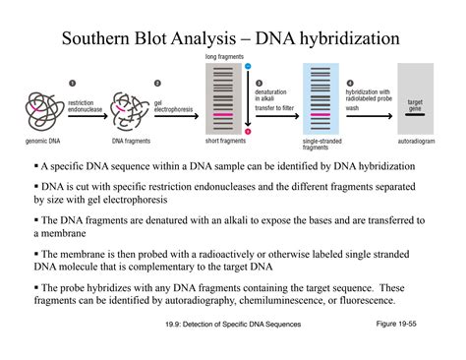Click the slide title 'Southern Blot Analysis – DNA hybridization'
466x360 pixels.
232,40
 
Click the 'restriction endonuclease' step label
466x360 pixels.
84,104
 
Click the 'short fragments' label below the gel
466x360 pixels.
225,141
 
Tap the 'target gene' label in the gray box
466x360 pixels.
415,104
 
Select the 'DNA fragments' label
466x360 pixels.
131,141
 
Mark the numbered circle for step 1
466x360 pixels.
72,84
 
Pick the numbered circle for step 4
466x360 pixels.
349,83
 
